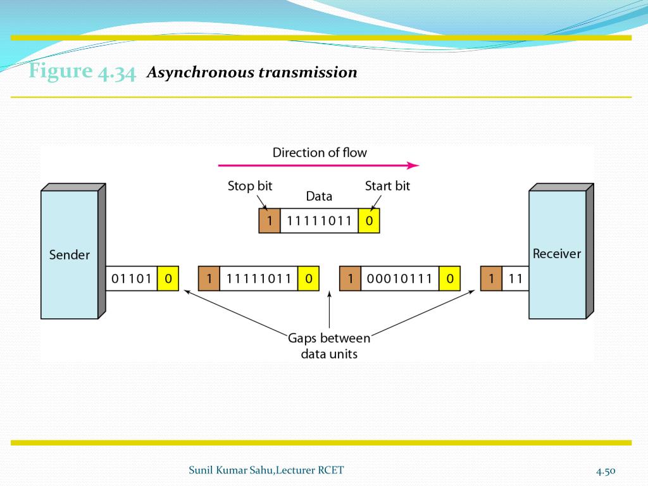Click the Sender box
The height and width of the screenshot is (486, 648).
coord(70,254)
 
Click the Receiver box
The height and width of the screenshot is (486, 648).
coord(557,254)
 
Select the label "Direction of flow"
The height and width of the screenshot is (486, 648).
coord(320,153)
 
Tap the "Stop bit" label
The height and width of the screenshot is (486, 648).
coord(250,186)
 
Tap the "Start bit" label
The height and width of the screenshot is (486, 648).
coord(387,186)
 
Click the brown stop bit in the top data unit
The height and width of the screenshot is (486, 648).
coord(269,221)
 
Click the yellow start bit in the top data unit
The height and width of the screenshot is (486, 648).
coord(369,221)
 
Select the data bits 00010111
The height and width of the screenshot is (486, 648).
coord(399,278)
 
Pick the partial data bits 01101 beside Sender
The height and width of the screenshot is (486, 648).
coord(131,278)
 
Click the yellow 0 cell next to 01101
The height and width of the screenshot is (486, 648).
coord(168,278)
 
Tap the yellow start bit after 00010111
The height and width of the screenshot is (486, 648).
coord(449,278)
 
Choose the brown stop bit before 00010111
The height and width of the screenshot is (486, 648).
coord(350,278)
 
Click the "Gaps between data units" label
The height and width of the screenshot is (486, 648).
coord(329,346)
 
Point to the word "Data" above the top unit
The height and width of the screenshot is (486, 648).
coord(319,196)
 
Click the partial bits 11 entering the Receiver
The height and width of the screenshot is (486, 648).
coord(515,278)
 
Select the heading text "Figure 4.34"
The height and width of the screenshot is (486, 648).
coord(82,72)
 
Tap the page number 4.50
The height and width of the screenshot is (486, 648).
coord(605,471)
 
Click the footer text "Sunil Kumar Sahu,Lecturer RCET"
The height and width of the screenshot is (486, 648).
coord(266,470)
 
